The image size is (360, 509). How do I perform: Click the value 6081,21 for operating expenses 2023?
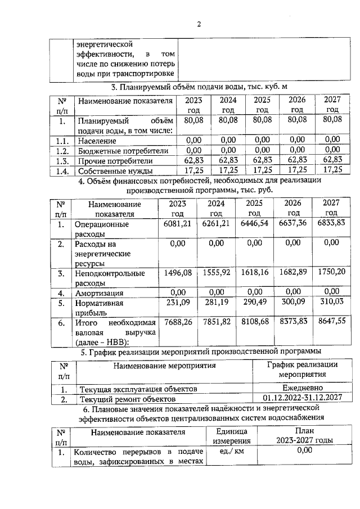[178, 224]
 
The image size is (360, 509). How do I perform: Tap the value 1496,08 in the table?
[178, 273]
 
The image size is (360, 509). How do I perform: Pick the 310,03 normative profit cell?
[332, 303]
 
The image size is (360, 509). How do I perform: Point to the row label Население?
[97, 140]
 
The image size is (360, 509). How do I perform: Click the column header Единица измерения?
[231, 436]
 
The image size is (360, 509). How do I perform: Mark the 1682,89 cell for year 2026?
[295, 273]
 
